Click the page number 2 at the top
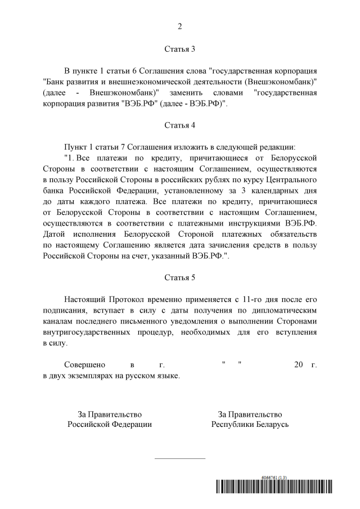[x=180, y=26]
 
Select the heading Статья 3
[x=179, y=49]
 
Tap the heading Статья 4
[x=179, y=125]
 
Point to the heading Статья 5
[x=179, y=278]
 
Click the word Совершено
[x=84, y=364]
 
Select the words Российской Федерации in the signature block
[x=110, y=425]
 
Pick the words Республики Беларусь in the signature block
[x=250, y=425]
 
